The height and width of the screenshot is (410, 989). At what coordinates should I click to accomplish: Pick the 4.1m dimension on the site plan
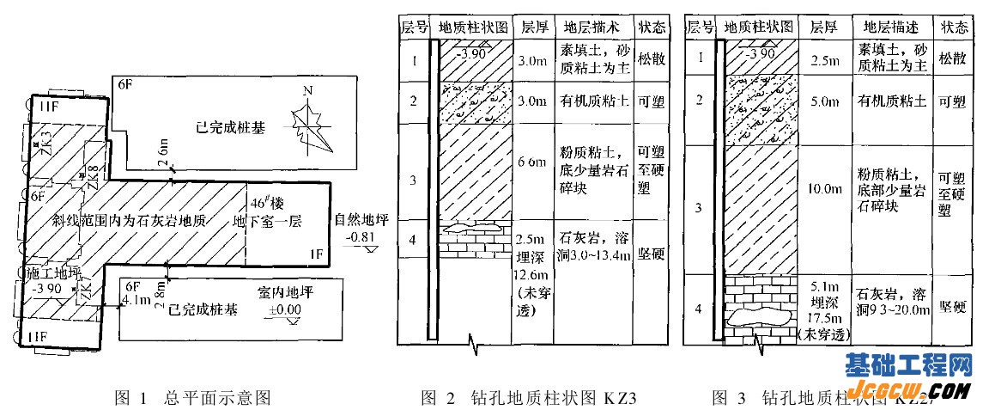click(137, 301)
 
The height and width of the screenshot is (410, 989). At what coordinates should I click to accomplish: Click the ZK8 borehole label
click(94, 174)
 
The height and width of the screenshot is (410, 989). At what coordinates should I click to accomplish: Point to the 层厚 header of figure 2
click(533, 26)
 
